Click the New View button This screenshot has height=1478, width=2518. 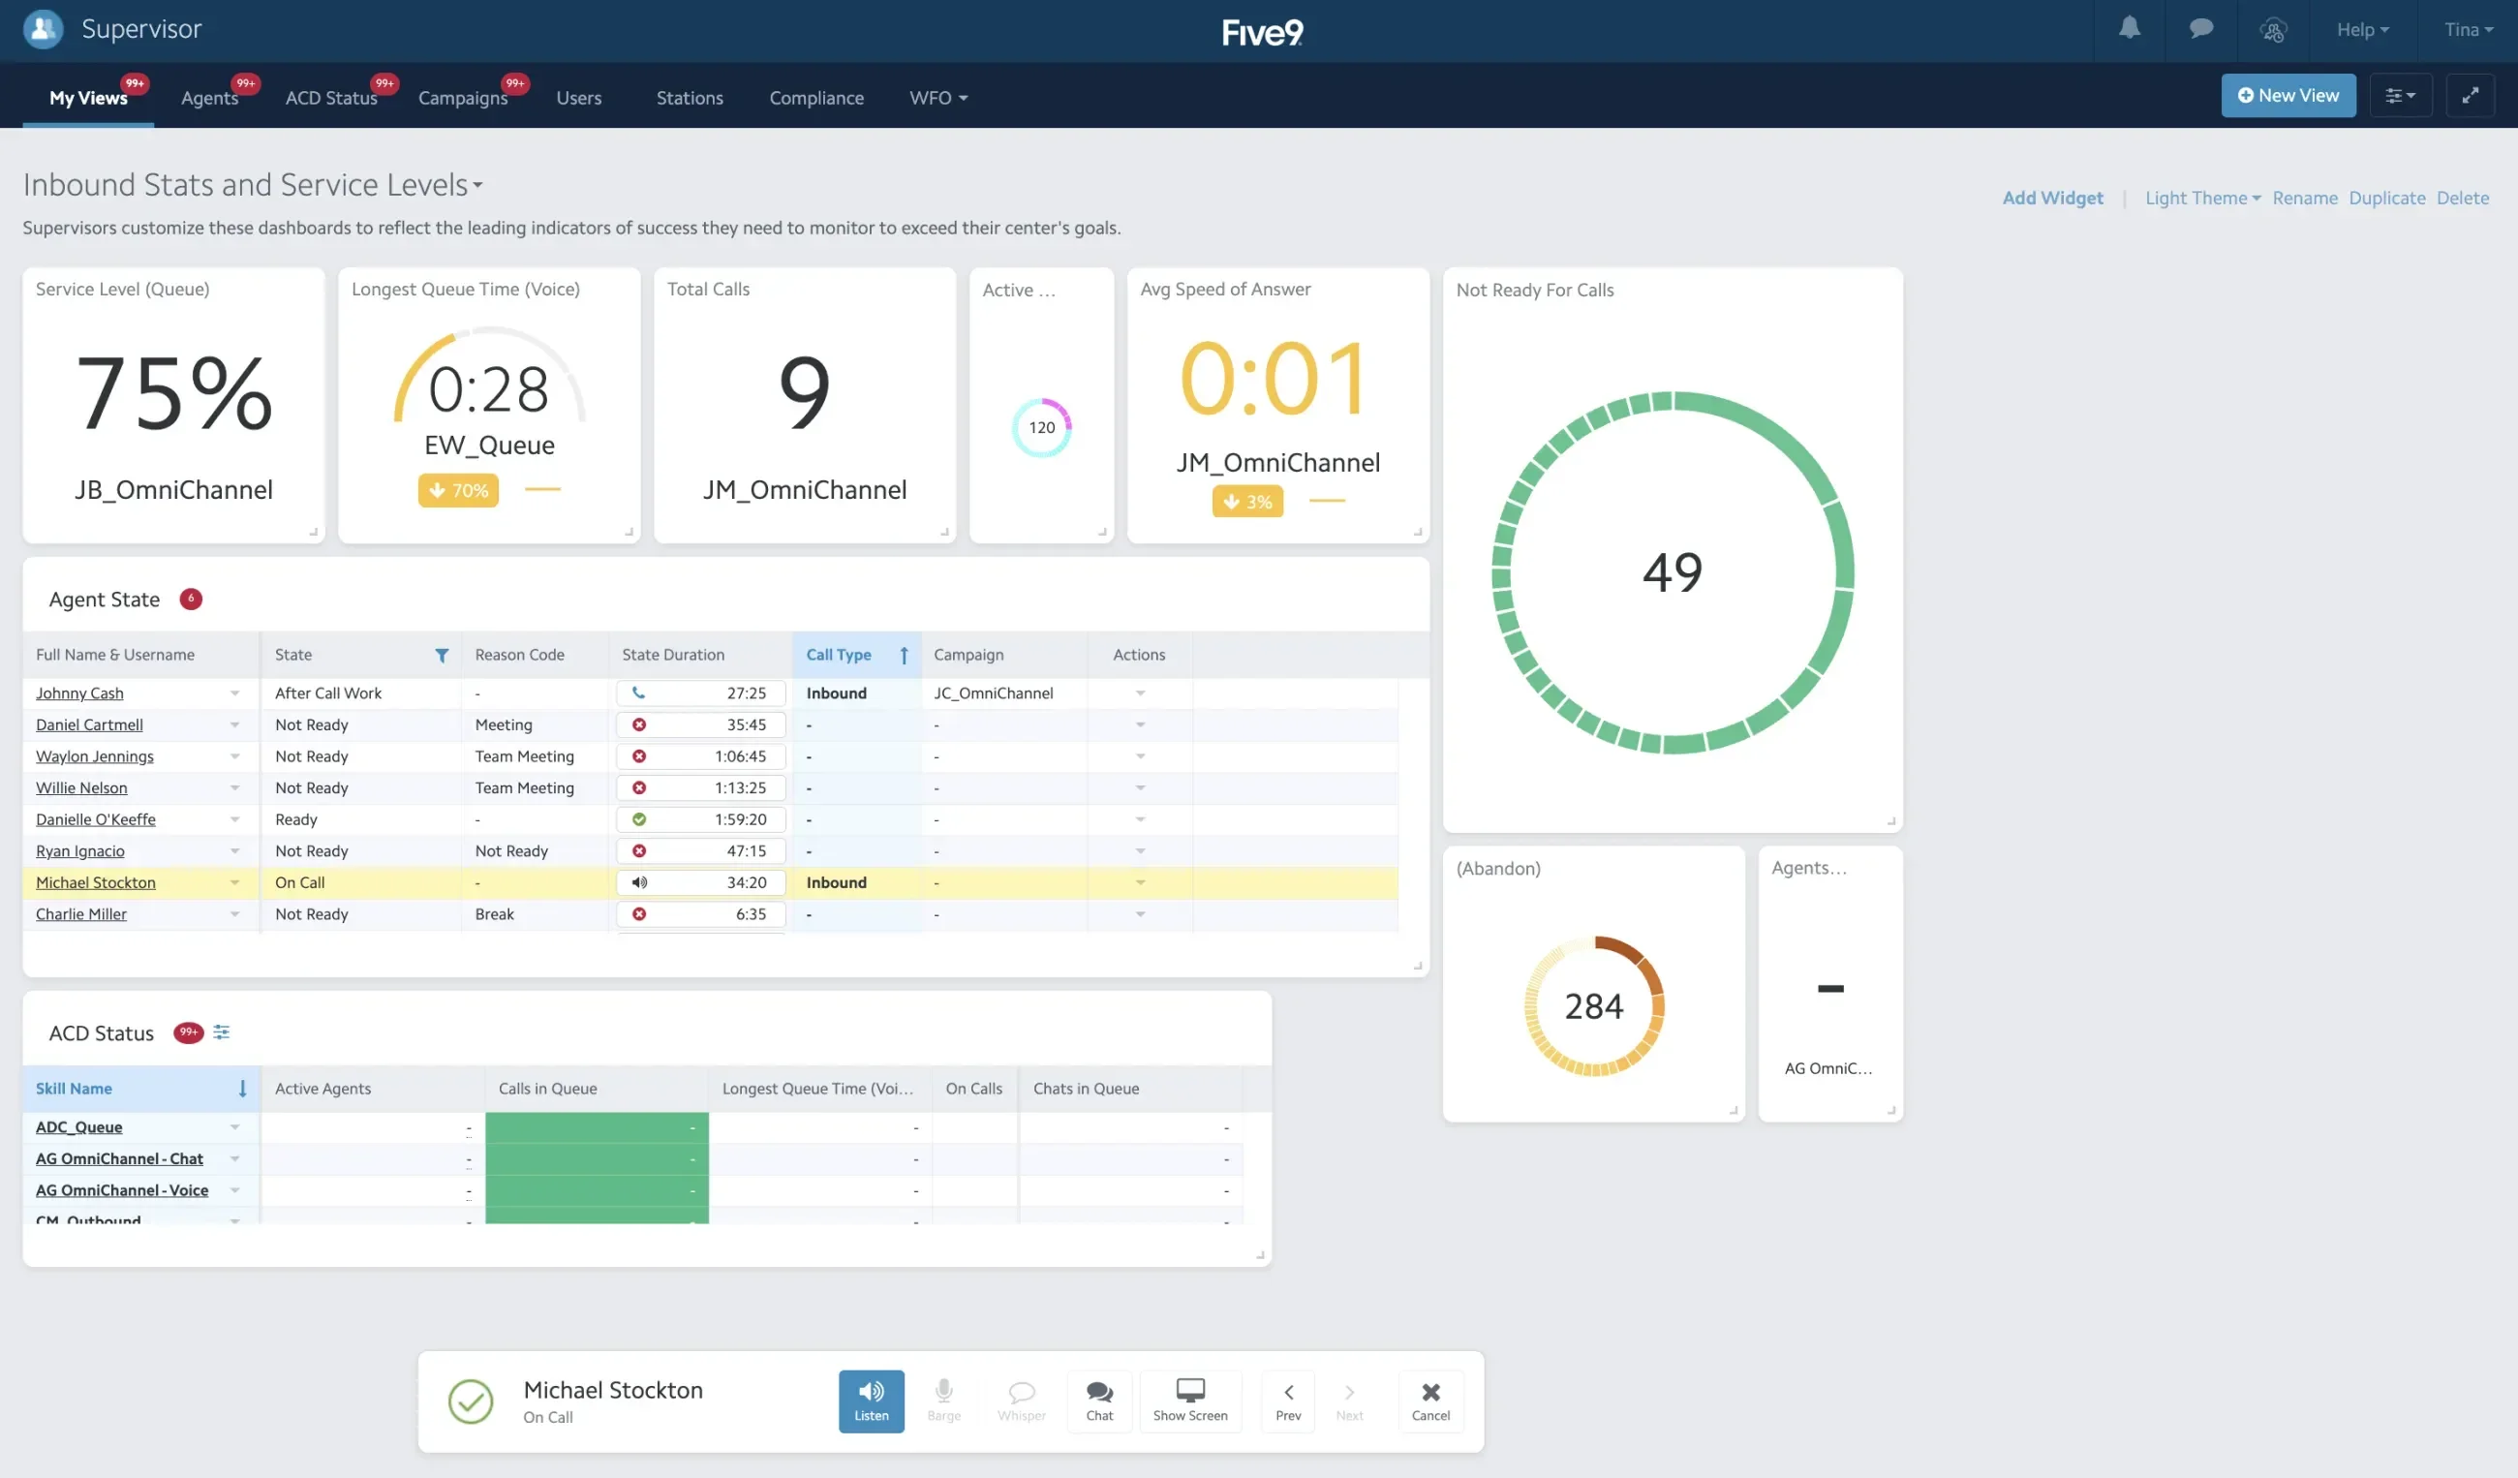pyautogui.click(x=2288, y=96)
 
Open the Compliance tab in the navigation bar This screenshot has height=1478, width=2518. pyautogui.click(x=815, y=98)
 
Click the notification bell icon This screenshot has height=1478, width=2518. pyautogui.click(x=2130, y=29)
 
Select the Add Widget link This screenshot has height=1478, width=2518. pyautogui.click(x=2051, y=198)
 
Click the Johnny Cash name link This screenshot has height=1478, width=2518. pyautogui.click(x=80, y=693)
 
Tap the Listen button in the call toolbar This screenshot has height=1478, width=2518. pyautogui.click(x=871, y=1401)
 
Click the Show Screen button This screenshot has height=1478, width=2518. pyautogui.click(x=1189, y=1401)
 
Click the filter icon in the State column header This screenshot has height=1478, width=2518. pyautogui.click(x=442, y=656)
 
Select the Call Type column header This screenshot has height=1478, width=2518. pyautogui.click(x=839, y=655)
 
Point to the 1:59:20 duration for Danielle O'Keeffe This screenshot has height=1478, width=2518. pyautogui.click(x=741, y=819)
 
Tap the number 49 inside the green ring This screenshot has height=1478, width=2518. pyautogui.click(x=1672, y=571)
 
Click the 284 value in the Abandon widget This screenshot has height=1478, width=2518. pyautogui.click(x=1593, y=1006)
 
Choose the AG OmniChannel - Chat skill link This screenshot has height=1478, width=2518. pyautogui.click(x=119, y=1158)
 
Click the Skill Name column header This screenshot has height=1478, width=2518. pyautogui.click(x=74, y=1089)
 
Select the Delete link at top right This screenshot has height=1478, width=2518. pyautogui.click(x=2461, y=198)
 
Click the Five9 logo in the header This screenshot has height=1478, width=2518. pyautogui.click(x=1261, y=32)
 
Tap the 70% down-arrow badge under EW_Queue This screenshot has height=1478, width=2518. pyautogui.click(x=458, y=491)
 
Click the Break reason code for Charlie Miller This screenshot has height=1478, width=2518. pyautogui.click(x=494, y=914)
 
